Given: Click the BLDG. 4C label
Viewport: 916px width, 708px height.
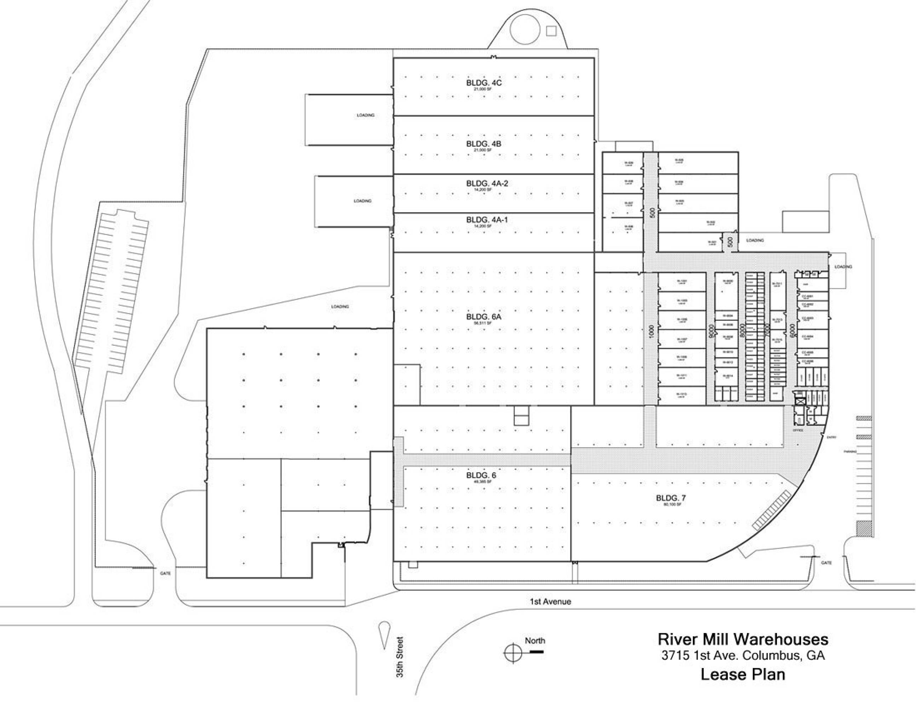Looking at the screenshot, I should [483, 82].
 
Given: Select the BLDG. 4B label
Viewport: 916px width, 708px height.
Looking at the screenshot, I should [483, 144].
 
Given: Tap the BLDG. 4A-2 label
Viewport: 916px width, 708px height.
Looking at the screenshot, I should [487, 183].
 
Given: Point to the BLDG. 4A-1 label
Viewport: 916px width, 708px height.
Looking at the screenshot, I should [487, 220].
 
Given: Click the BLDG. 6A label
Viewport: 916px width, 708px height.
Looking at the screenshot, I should [483, 317].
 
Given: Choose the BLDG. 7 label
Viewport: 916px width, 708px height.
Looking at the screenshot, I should [671, 498].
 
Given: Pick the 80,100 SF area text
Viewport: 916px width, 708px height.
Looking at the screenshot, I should [672, 504].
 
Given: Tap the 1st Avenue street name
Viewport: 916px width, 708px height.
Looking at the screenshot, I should [550, 601].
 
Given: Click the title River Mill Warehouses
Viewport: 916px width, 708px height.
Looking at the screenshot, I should [743, 639].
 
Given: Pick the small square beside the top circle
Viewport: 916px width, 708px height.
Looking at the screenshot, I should [551, 30].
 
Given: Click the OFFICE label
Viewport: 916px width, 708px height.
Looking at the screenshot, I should [798, 430].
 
